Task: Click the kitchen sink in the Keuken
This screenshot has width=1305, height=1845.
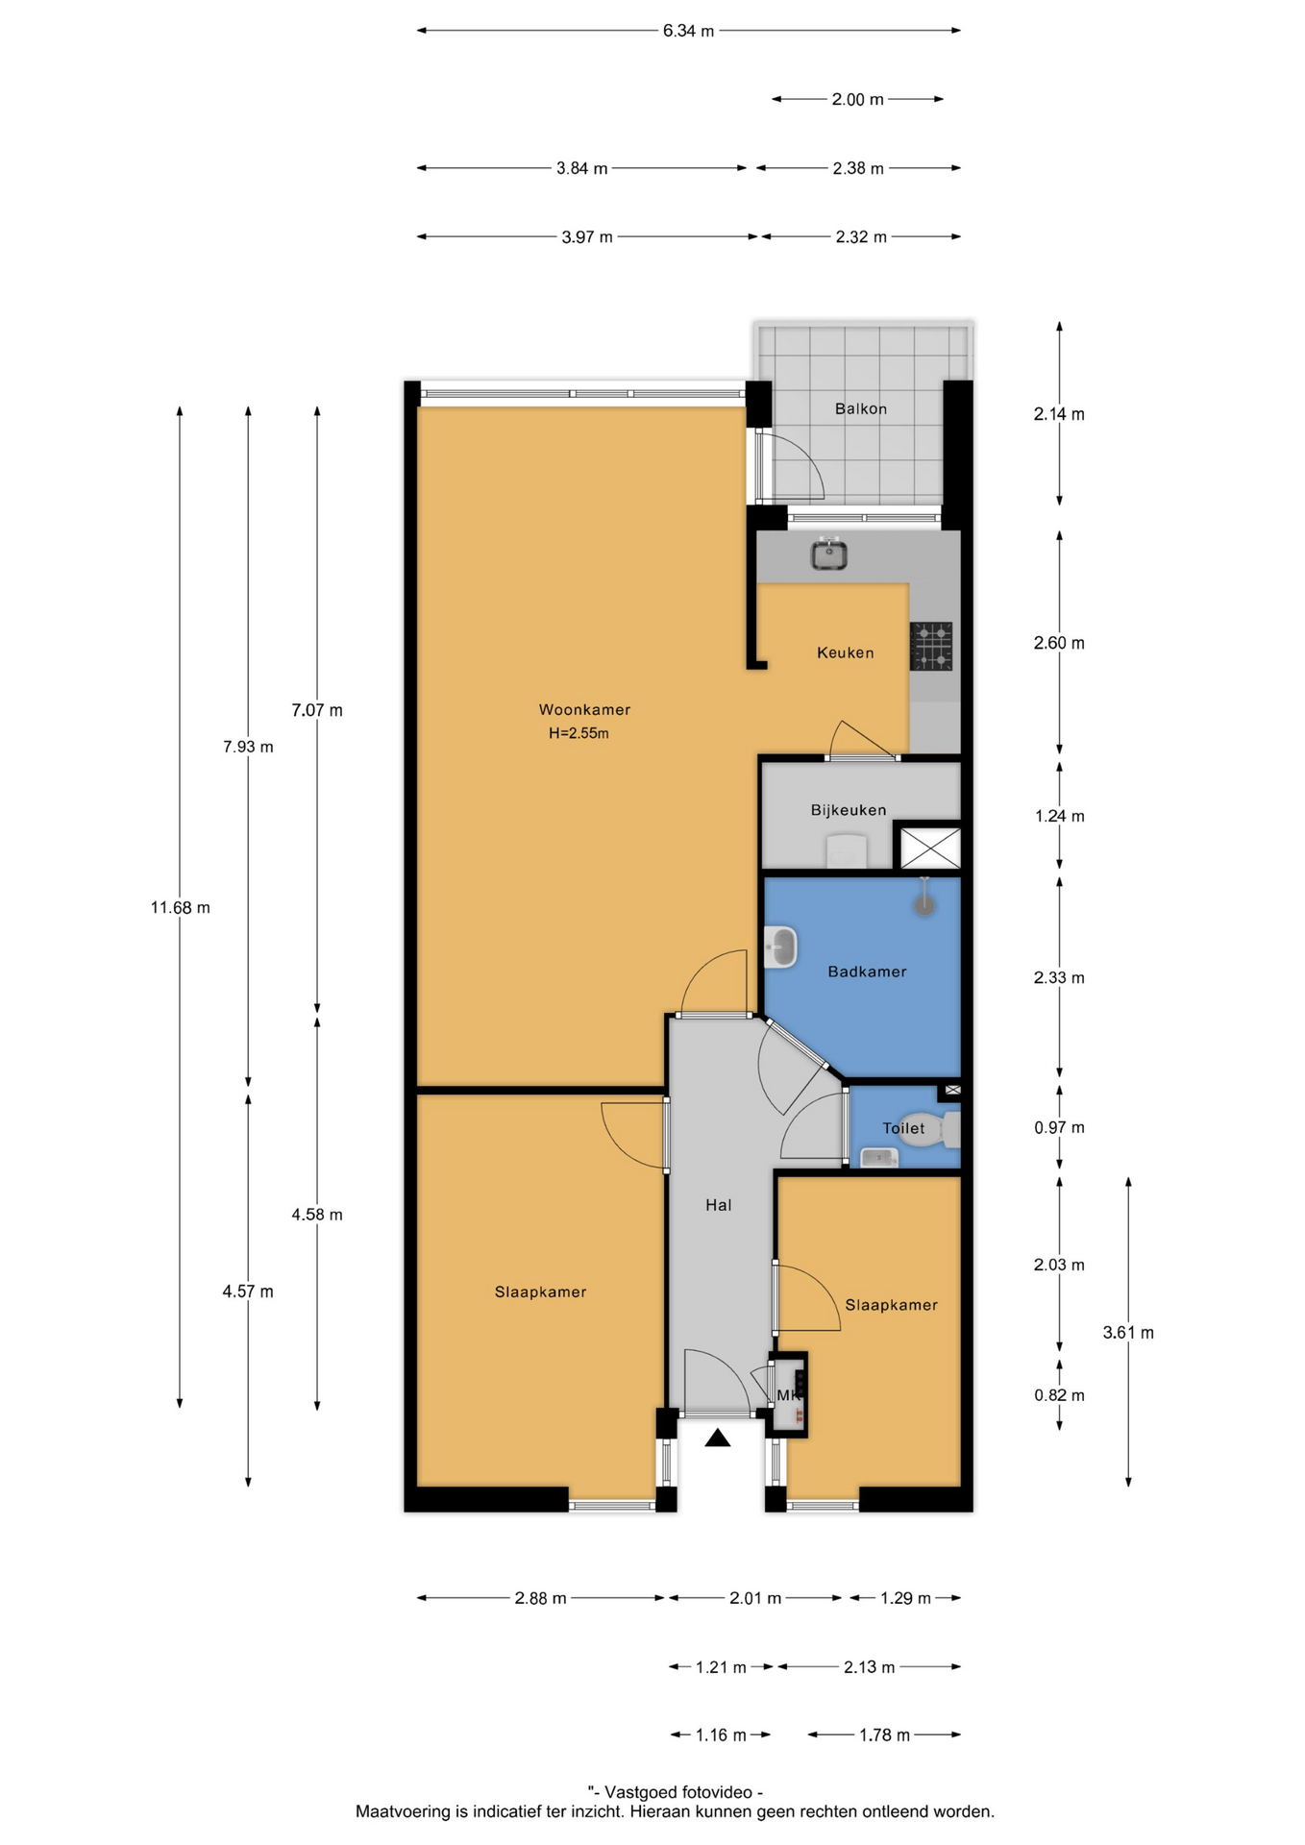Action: tap(828, 553)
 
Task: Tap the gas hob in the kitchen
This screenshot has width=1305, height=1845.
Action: tap(930, 646)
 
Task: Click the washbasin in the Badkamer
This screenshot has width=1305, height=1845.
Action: tap(780, 947)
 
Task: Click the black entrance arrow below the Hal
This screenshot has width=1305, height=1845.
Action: tap(718, 1438)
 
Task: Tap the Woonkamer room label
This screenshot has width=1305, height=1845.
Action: tap(584, 710)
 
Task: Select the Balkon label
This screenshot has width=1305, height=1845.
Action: tap(861, 408)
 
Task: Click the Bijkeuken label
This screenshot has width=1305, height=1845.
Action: tap(849, 810)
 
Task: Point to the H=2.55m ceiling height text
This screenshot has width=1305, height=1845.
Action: tap(579, 733)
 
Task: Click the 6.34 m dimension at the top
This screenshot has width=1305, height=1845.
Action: tap(688, 31)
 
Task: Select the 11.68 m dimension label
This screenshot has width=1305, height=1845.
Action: tap(180, 907)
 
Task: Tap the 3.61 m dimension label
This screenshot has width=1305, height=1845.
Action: tap(1128, 1333)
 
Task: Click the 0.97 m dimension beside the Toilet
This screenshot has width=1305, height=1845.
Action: tap(1059, 1128)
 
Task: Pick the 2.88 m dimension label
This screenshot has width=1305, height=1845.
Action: tap(540, 1598)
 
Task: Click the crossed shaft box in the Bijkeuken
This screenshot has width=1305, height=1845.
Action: tap(929, 849)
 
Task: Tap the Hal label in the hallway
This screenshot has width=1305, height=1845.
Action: tap(719, 1205)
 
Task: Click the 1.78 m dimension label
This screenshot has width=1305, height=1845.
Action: tap(884, 1734)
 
